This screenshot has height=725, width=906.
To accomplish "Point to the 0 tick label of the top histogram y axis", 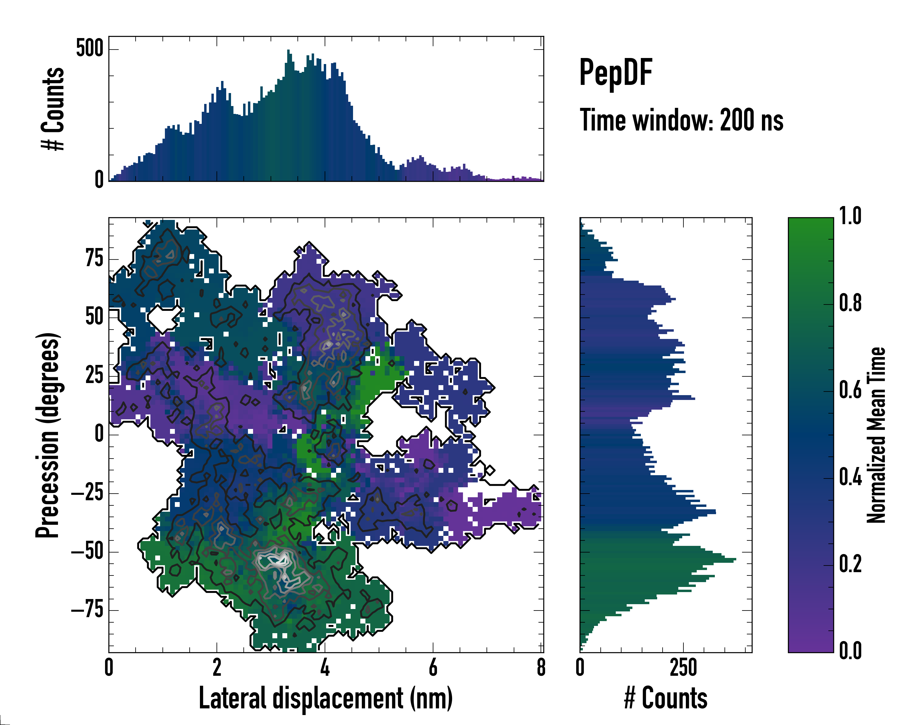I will (x=99, y=180).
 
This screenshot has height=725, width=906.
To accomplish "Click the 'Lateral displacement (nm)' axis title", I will (x=326, y=698).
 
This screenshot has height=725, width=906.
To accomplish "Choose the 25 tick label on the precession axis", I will (x=94, y=375).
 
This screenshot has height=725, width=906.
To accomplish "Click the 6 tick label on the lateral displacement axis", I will (x=433, y=668).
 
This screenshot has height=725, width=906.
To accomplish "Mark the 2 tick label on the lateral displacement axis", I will (x=217, y=668).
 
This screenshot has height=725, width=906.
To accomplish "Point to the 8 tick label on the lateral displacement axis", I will (x=541, y=668).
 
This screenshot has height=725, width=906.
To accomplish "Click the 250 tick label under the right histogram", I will (x=683, y=668).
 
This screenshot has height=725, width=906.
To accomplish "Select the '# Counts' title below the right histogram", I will (x=666, y=698).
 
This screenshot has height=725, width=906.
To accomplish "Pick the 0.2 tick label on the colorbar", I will (x=850, y=564).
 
